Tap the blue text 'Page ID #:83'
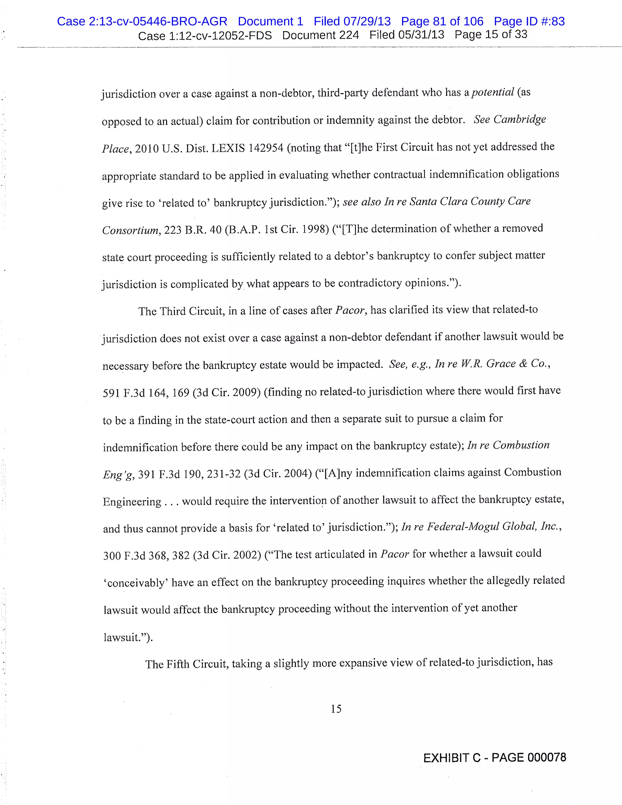click(529, 21)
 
